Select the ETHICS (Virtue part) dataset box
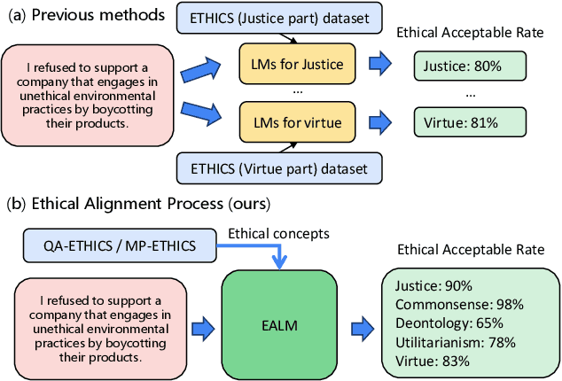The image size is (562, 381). click(x=280, y=167)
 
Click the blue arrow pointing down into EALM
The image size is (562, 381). click(x=281, y=257)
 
